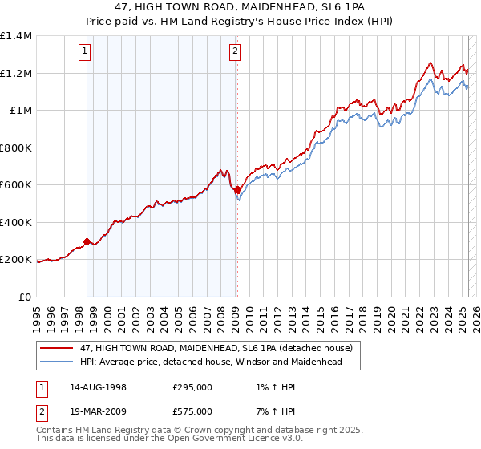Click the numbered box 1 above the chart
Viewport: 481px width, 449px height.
86,53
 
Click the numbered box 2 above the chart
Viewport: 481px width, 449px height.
236,53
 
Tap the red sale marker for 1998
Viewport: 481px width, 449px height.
87,241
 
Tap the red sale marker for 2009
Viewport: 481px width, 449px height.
236,190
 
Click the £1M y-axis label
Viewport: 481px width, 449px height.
21,111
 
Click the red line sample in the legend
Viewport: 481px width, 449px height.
57,347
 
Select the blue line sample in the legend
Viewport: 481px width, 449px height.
57,362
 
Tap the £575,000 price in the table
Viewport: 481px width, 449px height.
192,411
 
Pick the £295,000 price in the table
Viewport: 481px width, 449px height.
192,387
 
